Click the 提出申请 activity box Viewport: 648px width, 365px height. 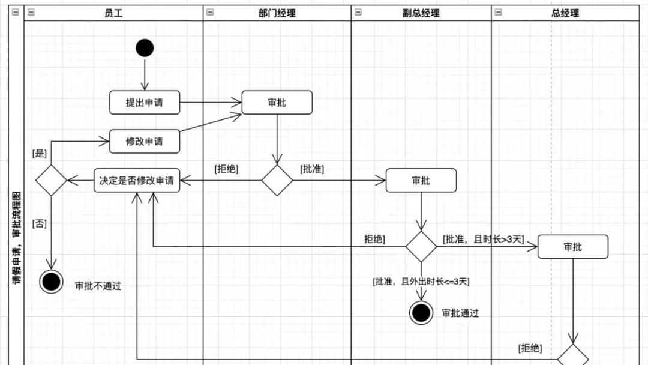[x=145, y=103]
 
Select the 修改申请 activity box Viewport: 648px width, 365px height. [x=145, y=142]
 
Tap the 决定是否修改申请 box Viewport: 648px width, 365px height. [x=137, y=181]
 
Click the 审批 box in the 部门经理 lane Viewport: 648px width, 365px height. [x=277, y=103]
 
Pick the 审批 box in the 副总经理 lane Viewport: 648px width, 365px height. [x=421, y=181]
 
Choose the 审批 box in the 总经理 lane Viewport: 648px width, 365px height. [x=572, y=247]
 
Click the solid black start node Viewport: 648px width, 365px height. [x=145, y=47]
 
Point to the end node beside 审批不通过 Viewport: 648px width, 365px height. [x=51, y=282]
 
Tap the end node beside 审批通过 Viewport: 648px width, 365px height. [x=421, y=313]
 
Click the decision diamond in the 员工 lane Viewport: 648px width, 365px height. [x=51, y=181]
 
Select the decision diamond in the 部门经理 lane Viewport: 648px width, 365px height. [x=277, y=181]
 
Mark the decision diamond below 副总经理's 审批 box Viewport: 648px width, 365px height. [x=421, y=247]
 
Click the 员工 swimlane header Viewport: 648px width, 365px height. [x=113, y=13]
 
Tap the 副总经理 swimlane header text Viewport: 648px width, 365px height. [x=421, y=13]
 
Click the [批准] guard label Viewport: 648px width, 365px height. [x=312, y=169]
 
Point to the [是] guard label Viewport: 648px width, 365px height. [x=39, y=154]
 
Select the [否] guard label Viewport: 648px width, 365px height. [x=39, y=224]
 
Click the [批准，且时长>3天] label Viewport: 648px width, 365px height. [x=483, y=239]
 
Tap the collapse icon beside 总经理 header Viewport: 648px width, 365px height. [x=498, y=12]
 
